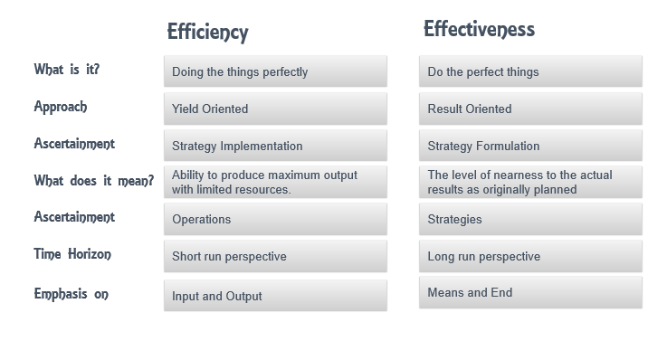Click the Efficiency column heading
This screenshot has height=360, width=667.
(x=207, y=33)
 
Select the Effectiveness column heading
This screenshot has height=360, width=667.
(x=479, y=29)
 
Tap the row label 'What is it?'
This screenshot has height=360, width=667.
(x=67, y=70)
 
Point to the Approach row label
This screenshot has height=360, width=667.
(x=61, y=107)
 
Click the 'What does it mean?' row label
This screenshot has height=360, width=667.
(x=93, y=181)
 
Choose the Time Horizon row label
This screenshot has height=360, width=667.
(x=72, y=254)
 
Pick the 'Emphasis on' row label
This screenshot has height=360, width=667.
(x=71, y=294)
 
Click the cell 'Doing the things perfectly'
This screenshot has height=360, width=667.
(x=275, y=71)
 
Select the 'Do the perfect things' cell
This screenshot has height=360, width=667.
(x=530, y=71)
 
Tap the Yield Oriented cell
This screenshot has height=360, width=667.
(x=275, y=109)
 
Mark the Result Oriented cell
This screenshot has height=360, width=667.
(x=530, y=109)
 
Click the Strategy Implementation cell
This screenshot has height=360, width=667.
(x=275, y=146)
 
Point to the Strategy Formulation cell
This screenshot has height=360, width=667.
(x=530, y=146)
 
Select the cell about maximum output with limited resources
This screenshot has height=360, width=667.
(x=275, y=182)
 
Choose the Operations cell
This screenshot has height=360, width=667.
(x=275, y=219)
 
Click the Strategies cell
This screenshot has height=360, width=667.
(x=530, y=219)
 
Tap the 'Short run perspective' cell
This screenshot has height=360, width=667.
(x=275, y=256)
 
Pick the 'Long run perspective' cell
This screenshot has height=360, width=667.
(x=530, y=256)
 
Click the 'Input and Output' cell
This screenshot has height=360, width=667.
(x=275, y=296)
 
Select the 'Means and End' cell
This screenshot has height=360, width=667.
(x=530, y=292)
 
